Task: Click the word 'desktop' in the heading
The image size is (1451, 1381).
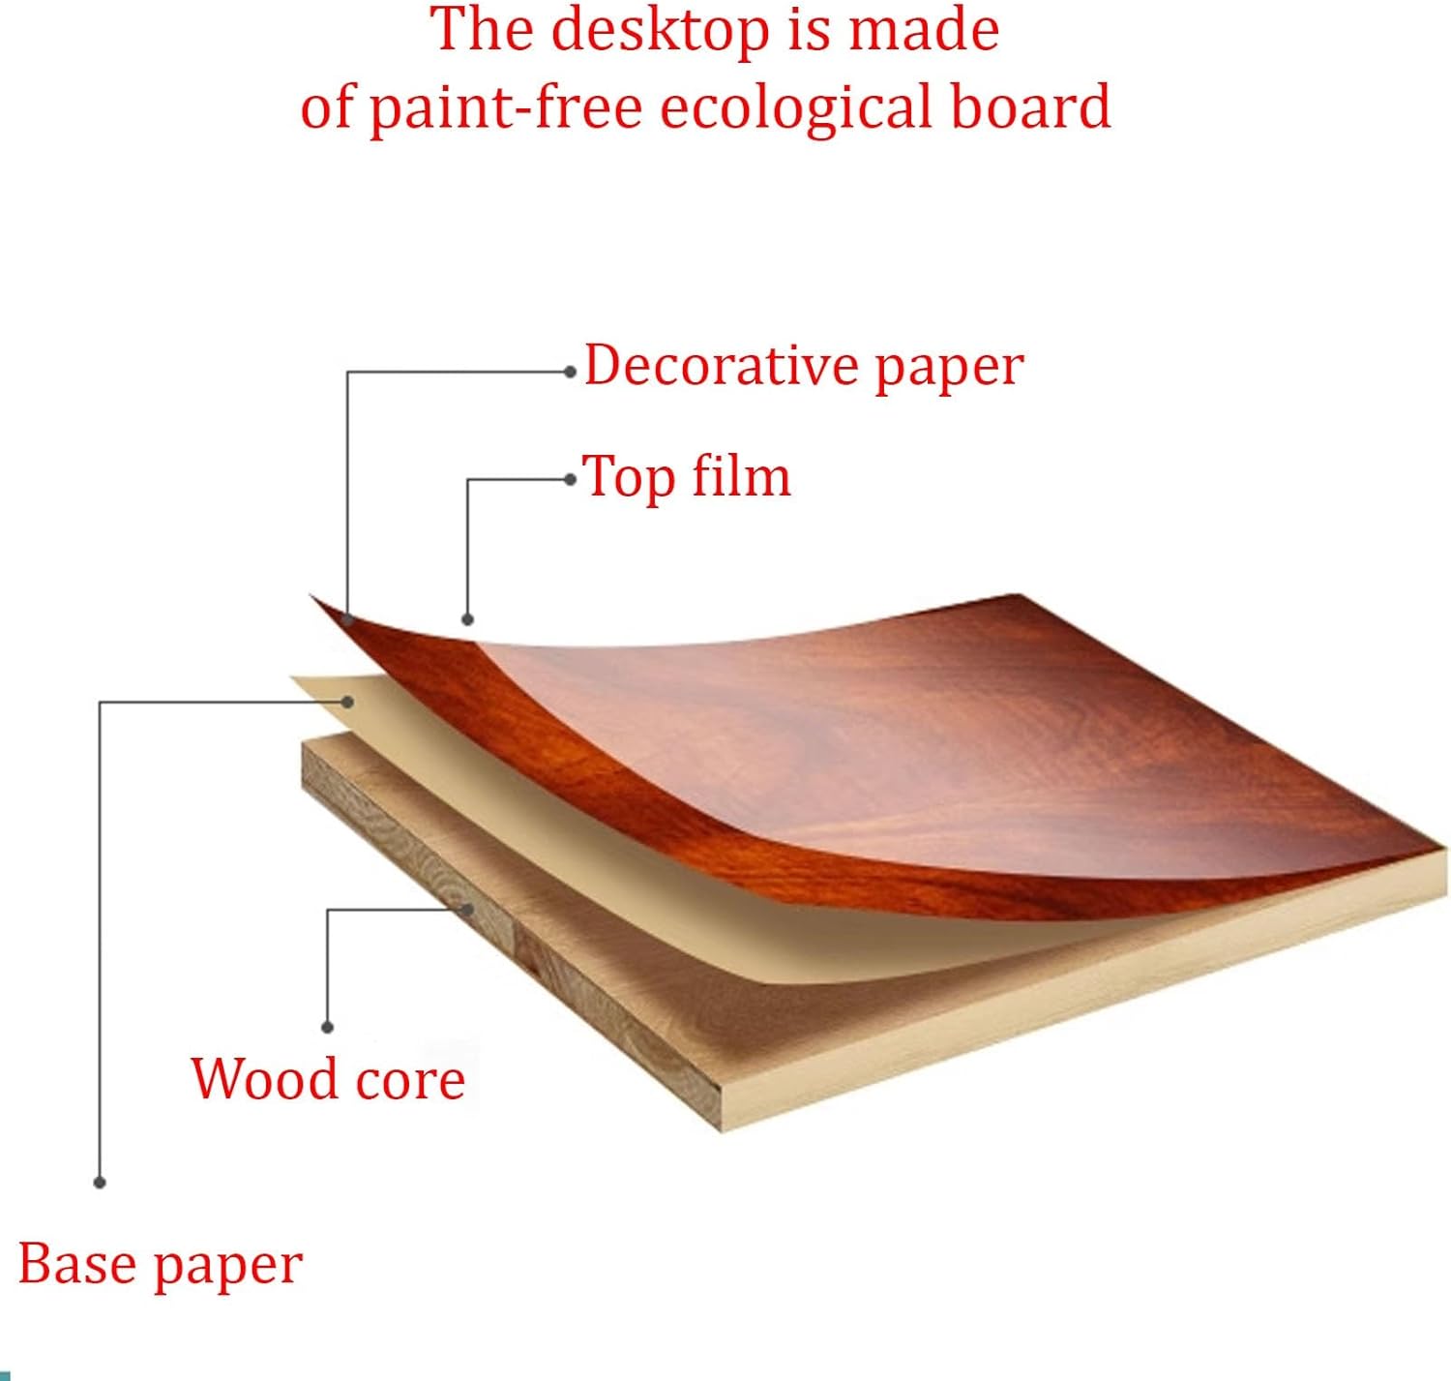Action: pos(666,31)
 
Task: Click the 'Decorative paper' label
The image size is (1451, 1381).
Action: pos(803,367)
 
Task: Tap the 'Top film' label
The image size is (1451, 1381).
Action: pos(687,477)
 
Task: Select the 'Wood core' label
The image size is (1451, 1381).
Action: pos(328,1079)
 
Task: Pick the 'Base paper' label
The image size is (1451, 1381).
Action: pos(161,1265)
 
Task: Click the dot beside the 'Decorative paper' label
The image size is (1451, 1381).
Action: pos(571,372)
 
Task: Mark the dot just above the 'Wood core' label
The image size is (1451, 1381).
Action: pos(327,1027)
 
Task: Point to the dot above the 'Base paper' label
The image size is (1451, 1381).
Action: pos(99,1183)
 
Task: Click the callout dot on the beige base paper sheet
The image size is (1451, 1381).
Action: pos(348,703)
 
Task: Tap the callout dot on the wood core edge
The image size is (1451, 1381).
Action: pos(468,910)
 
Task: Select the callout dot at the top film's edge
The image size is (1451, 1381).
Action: pos(467,619)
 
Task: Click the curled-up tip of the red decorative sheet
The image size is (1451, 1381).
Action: pos(314,598)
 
